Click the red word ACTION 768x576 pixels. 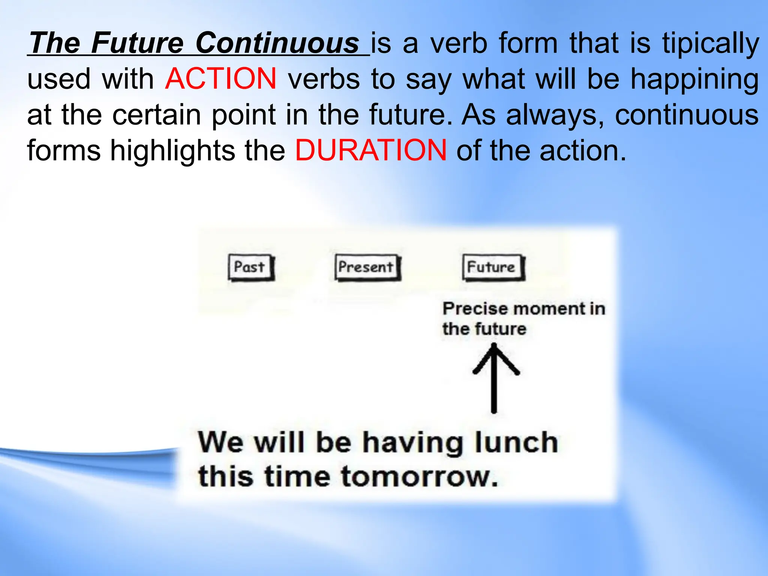click(x=220, y=79)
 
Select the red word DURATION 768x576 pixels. click(x=371, y=150)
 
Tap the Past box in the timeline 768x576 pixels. click(x=250, y=267)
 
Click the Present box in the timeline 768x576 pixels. click(x=367, y=267)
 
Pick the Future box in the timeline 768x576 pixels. click(x=492, y=267)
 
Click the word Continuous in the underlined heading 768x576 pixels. click(x=277, y=43)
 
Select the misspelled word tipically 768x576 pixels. click(x=710, y=43)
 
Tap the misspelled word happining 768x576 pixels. click(x=694, y=79)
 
